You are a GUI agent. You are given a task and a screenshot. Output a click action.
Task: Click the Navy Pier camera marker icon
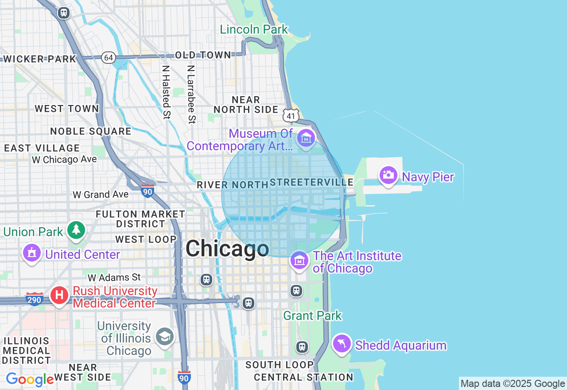(388, 175)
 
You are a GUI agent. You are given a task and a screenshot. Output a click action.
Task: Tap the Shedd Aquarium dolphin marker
(342, 343)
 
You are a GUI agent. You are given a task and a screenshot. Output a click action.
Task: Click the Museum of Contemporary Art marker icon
(306, 138)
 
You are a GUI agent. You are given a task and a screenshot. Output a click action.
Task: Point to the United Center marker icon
(31, 253)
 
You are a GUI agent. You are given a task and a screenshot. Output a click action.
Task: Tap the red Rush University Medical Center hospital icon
(59, 295)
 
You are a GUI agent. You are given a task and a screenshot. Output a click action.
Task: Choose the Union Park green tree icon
(77, 230)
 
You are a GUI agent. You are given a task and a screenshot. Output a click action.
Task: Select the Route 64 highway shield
(108, 57)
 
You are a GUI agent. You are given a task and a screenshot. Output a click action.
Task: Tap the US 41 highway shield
(291, 116)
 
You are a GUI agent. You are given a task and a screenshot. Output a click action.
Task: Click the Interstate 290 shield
(34, 299)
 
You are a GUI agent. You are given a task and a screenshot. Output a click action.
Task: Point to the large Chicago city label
(227, 248)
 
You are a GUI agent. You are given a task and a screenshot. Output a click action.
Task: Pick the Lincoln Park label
(254, 29)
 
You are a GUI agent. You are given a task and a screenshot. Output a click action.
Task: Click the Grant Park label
(312, 316)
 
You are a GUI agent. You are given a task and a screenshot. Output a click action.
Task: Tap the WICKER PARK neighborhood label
(40, 59)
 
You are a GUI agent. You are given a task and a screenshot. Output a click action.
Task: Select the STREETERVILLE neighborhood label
(311, 182)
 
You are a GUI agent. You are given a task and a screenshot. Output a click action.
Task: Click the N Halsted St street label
(166, 92)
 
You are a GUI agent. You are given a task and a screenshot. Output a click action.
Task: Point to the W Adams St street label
(114, 277)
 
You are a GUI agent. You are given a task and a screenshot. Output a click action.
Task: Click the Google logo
(30, 379)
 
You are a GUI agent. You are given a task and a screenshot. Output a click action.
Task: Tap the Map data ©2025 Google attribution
(513, 383)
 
